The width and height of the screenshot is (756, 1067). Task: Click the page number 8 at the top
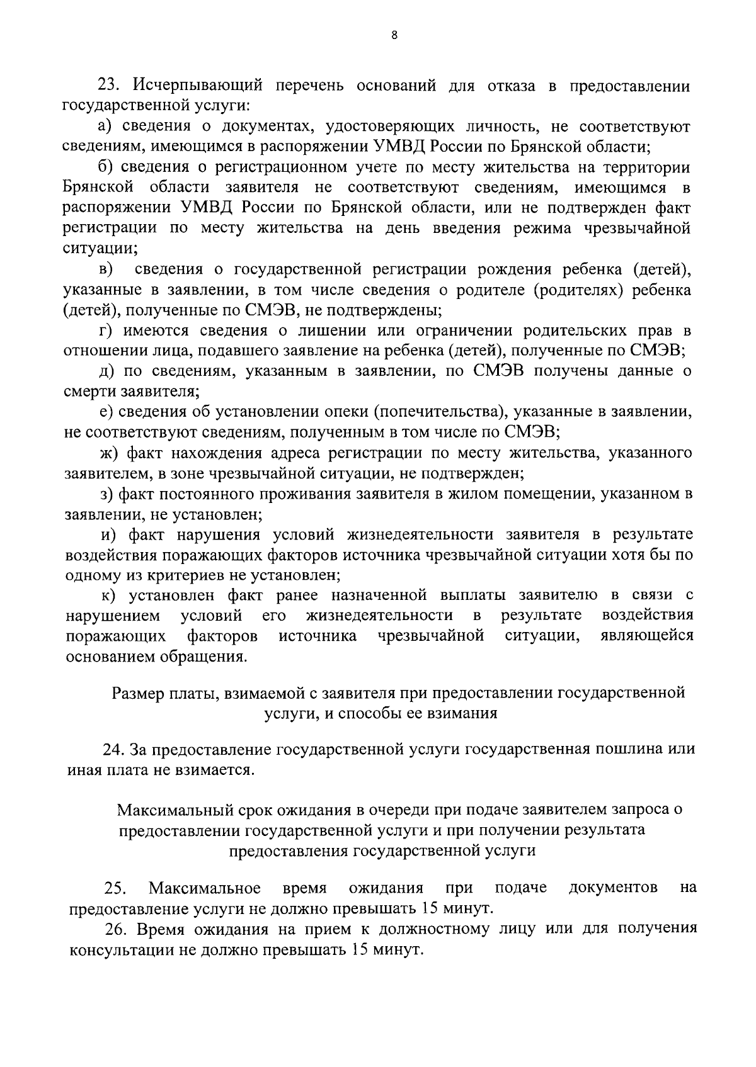pos(394,36)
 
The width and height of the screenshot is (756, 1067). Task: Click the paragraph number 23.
pos(108,86)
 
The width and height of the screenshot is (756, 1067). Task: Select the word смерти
pos(89,392)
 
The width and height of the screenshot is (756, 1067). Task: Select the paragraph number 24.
pos(114,750)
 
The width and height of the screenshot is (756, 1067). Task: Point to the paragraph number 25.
pos(115,888)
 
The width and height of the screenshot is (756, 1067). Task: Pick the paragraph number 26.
pos(116,929)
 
